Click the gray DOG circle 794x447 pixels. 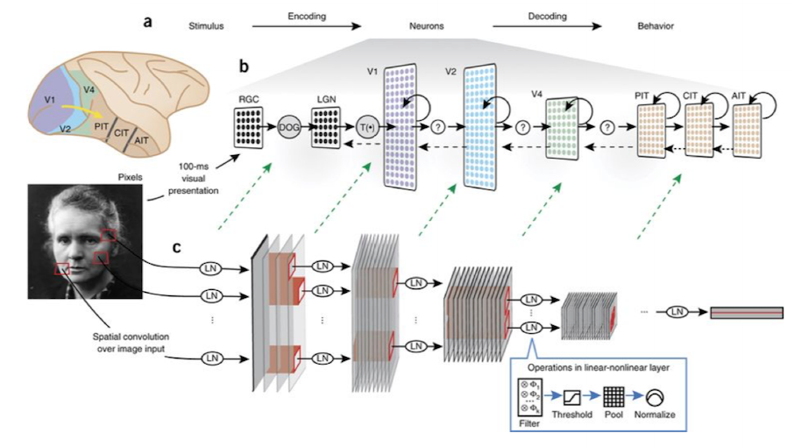pyautogui.click(x=289, y=127)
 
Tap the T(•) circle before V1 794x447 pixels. pyautogui.click(x=367, y=127)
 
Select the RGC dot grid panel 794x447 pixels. pyautogui.click(x=249, y=128)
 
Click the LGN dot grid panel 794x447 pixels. pyautogui.click(x=326, y=128)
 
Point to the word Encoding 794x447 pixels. pyautogui.click(x=307, y=16)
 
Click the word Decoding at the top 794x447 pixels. pyautogui.click(x=548, y=16)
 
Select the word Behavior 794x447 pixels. pyautogui.click(x=656, y=25)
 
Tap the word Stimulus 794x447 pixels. pyautogui.click(x=206, y=25)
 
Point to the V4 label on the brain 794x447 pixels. pyautogui.click(x=89, y=90)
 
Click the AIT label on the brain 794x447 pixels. pyautogui.click(x=141, y=140)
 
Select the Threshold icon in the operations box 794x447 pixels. pyautogui.click(x=572, y=397)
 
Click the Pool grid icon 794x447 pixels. pyautogui.click(x=613, y=397)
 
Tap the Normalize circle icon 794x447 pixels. pyautogui.click(x=655, y=397)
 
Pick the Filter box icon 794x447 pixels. pyautogui.click(x=529, y=398)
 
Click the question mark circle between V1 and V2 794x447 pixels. pyautogui.click(x=438, y=127)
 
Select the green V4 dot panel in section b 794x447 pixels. pyautogui.click(x=562, y=128)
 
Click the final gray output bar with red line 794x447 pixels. pyautogui.click(x=747, y=313)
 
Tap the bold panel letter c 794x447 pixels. pyautogui.click(x=177, y=247)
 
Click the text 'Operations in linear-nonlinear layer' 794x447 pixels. pyautogui.click(x=599, y=367)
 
